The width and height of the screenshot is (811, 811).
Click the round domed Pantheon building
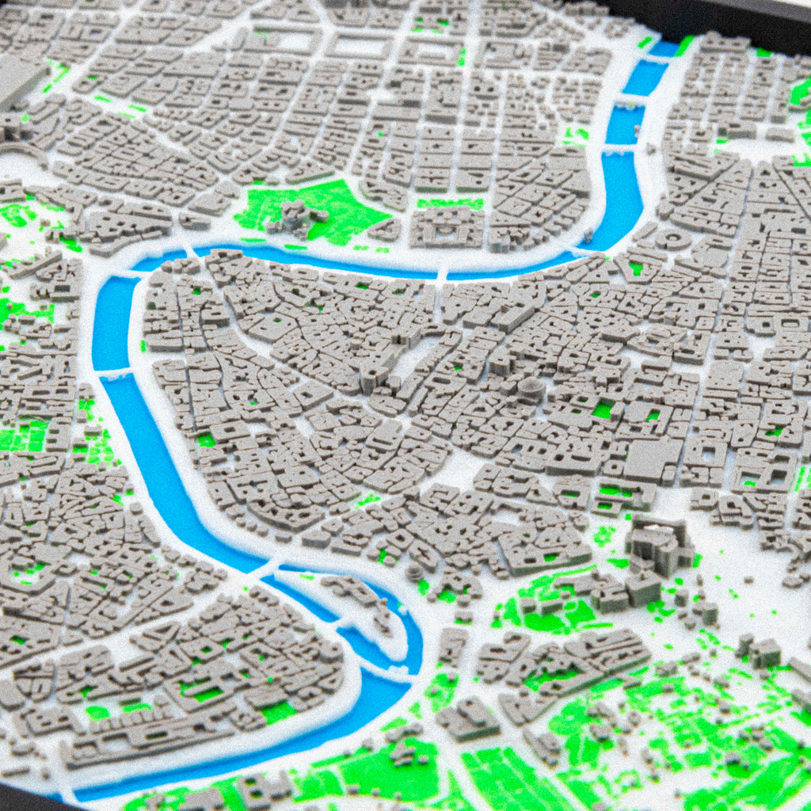[x=531, y=389]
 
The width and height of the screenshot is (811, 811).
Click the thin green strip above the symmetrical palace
[x=450, y=204]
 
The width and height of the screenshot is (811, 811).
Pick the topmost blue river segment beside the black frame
[x=664, y=49]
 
